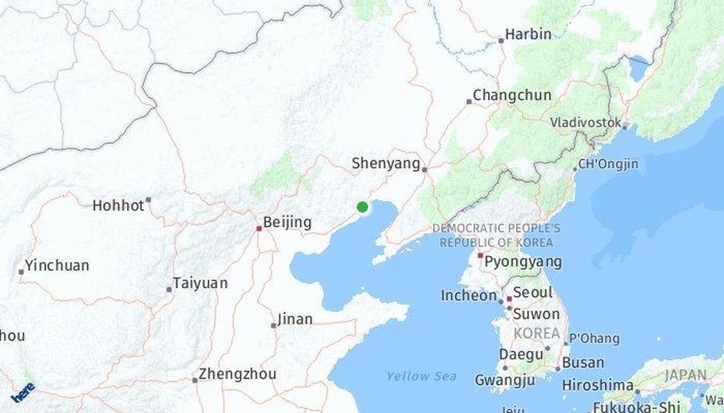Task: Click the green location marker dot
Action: (x=362, y=207)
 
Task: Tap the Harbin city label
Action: (x=528, y=34)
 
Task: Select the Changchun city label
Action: (x=511, y=95)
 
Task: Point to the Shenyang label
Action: (x=385, y=163)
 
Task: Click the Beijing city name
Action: (x=287, y=222)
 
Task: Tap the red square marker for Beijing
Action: (x=259, y=228)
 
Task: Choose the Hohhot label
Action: (x=118, y=206)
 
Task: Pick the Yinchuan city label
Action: (x=57, y=265)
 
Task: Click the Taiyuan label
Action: (x=200, y=283)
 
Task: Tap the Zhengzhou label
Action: (x=237, y=374)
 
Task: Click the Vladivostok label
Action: (x=585, y=122)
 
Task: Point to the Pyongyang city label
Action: (x=522, y=261)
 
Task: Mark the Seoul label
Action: (x=532, y=292)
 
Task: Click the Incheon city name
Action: (x=469, y=296)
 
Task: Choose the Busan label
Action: (x=582, y=362)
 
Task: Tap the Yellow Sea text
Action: (x=421, y=376)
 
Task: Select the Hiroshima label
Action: (x=597, y=385)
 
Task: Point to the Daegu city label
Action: (x=521, y=355)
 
